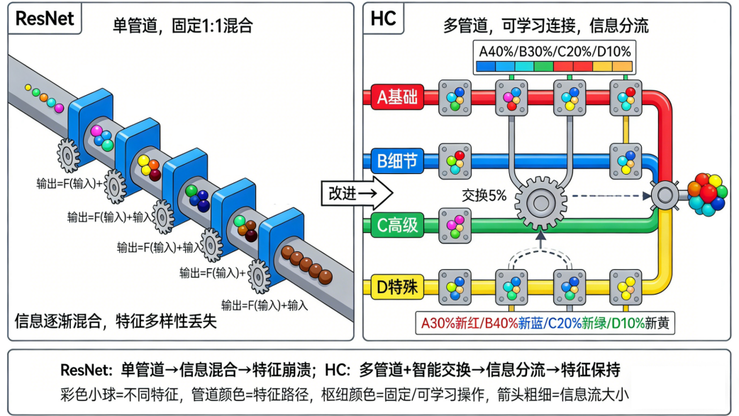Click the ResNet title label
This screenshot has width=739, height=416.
pos(45,19)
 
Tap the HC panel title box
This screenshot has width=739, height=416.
pos(384,19)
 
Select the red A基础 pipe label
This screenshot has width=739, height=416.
pos(397,98)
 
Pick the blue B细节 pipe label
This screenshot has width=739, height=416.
pos(397,162)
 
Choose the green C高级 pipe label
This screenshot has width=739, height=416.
pos(397,226)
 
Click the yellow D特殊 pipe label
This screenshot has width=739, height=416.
pos(397,289)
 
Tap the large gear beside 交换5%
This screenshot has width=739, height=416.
pos(540,202)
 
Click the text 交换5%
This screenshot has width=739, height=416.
pos(484,195)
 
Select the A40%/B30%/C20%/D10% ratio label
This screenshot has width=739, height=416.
pos(555,52)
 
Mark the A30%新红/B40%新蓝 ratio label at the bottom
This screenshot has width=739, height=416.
pos(544,324)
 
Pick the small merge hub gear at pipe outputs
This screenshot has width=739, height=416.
pos(665,193)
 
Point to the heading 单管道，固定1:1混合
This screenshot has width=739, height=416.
pos(183,26)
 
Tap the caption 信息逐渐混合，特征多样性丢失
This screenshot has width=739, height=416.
pos(115,321)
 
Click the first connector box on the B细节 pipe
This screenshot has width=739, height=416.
pos(455,162)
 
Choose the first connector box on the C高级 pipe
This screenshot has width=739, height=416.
pos(455,226)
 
